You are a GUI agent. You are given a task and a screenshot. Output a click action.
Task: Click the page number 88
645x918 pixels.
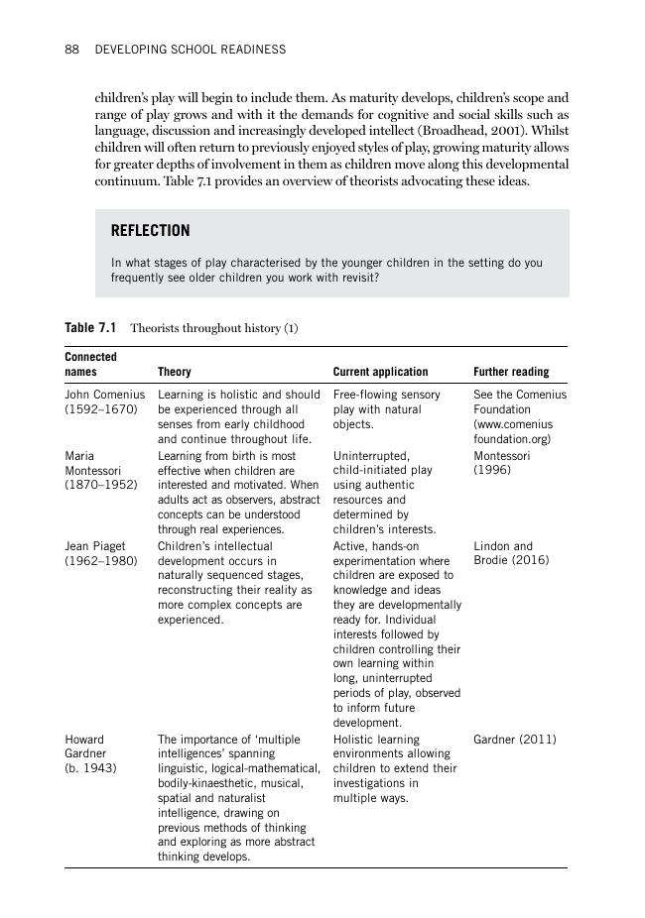coord(71,49)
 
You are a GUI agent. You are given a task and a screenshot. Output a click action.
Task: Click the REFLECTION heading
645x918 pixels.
coord(150,231)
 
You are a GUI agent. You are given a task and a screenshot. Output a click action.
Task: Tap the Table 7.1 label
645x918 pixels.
coord(90,328)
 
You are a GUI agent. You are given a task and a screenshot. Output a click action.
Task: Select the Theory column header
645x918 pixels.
coord(175,372)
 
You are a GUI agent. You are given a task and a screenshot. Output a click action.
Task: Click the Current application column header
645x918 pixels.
coord(380,372)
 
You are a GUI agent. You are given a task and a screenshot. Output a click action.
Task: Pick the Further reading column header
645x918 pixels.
coord(511,372)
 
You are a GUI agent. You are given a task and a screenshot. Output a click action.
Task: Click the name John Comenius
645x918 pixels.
coord(104,395)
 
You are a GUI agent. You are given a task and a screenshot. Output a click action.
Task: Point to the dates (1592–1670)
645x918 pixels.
coord(100,409)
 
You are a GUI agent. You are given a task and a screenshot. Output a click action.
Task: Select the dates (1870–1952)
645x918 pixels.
coord(100,485)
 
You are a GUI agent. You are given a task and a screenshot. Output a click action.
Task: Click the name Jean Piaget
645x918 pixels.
coord(90,546)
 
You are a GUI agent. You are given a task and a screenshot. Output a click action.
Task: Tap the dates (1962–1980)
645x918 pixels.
coord(100,561)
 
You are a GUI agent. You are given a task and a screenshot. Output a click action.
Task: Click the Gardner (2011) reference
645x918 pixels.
coord(514,740)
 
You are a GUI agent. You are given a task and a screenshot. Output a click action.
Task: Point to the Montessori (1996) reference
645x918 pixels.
coord(502,463)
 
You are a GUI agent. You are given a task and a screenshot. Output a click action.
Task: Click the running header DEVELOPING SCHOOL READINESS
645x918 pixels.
coord(190,49)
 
